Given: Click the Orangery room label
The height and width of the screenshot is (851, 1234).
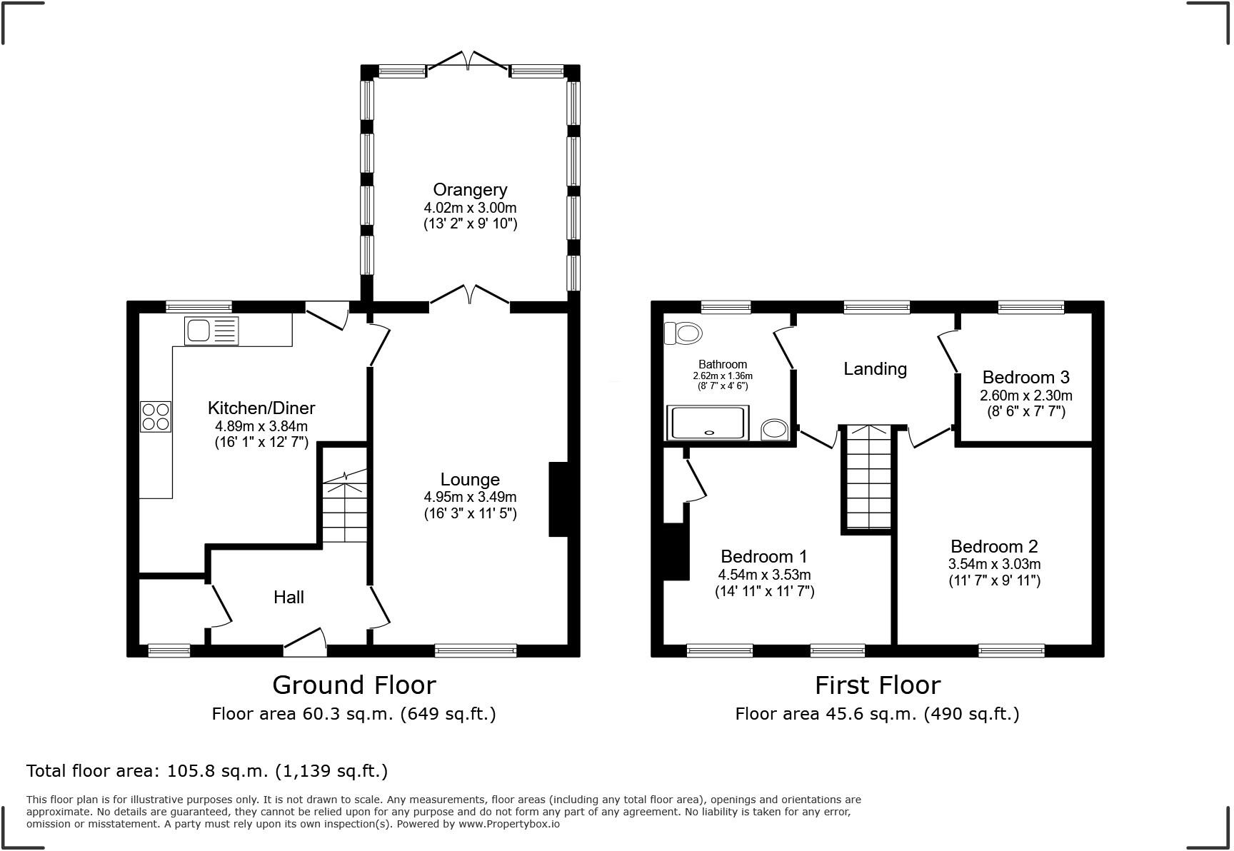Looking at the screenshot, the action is [470, 190].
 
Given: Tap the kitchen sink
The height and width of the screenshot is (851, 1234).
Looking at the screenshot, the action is [211, 331].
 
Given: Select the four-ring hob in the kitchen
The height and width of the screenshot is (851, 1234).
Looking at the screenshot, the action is [156, 416].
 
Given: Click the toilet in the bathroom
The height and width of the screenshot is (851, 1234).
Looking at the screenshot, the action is [683, 333].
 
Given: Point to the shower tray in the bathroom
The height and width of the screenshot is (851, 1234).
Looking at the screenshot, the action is [708, 423].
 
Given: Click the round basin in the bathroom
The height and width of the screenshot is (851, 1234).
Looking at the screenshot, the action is [774, 429].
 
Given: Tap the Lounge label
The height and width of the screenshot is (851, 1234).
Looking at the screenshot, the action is [470, 480].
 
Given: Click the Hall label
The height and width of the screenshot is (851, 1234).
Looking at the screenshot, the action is [289, 597].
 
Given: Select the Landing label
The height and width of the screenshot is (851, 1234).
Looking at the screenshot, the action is [875, 369].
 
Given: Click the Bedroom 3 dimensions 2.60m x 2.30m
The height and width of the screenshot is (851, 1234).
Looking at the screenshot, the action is [1026, 396].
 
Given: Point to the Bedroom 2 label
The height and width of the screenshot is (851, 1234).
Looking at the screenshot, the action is [994, 547].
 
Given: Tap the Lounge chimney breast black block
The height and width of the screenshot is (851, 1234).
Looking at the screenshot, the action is [558, 499].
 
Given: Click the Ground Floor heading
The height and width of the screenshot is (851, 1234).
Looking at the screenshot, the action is [354, 685].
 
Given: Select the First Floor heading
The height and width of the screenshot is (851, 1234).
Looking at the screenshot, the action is [878, 685].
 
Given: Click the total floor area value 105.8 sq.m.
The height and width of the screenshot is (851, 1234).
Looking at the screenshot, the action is [218, 771].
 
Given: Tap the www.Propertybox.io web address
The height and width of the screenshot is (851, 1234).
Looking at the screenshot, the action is [508, 824].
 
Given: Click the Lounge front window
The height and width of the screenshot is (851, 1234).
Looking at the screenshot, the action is [476, 650].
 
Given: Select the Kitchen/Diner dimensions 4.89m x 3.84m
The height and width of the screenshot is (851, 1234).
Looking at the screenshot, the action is [261, 426].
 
